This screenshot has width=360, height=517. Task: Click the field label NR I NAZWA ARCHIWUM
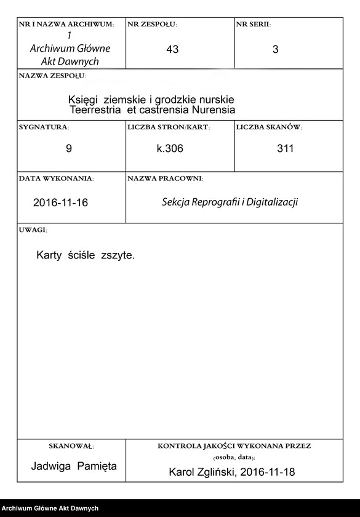coord(66,25)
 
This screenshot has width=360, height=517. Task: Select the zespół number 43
coord(172,50)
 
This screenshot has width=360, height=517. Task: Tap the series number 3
coord(275,50)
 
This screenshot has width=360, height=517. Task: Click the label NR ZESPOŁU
coord(152,25)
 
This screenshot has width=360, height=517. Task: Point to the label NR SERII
coord(253,25)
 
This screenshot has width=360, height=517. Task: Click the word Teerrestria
coord(97,110)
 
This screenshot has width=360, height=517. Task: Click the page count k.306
coord(170,148)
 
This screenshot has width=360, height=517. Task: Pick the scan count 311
coord(286,148)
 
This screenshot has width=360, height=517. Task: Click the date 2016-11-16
coord(60,202)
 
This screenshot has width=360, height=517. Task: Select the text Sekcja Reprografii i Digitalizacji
coord(230,202)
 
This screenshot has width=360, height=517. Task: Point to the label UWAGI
coord(33,230)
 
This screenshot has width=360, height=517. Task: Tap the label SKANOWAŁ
coord(71,445)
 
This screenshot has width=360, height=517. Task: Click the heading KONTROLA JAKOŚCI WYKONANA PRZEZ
coord(234,445)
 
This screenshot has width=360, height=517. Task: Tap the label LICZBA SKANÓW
coord(269,127)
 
